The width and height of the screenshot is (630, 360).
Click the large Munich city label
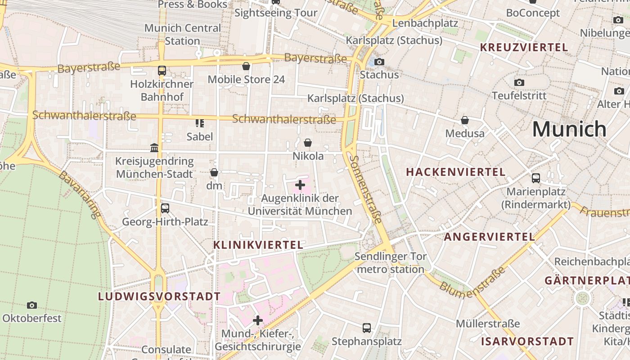coord(569,129)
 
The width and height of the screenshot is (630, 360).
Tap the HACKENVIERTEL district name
coord(455,172)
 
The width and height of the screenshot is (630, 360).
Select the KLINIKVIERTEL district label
coord(258,245)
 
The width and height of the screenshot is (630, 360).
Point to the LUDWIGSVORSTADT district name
coord(159,297)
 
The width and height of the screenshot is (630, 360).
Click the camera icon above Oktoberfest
coord(32,306)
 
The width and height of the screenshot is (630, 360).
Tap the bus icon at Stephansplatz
coord(367,328)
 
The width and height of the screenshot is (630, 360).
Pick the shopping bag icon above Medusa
coord(465,121)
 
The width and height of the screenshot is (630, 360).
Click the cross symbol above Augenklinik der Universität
coord(300,185)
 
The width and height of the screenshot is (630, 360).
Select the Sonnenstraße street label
coord(365,189)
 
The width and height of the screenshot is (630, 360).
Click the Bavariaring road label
coord(79,194)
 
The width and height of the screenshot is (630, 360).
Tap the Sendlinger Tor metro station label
coord(390,263)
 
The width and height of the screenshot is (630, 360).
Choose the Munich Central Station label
coord(182,34)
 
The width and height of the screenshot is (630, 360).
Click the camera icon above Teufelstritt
coord(519,83)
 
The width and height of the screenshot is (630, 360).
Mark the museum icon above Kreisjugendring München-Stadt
coord(154,148)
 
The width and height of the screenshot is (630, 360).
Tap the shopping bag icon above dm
coord(214,173)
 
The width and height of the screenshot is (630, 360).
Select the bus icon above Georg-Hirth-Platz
coord(165,208)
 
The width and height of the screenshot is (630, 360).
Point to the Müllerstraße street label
coord(488,324)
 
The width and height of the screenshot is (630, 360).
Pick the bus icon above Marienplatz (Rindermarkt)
coord(535,178)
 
